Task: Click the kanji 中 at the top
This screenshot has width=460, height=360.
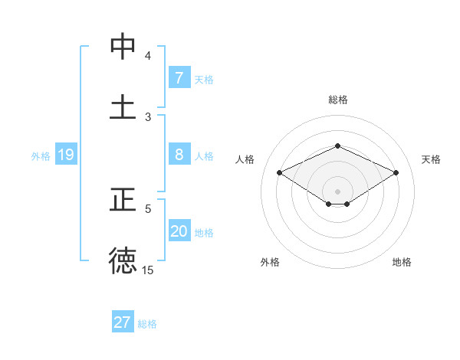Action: pyautogui.click(x=123, y=47)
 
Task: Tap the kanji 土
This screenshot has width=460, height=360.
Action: pyautogui.click(x=123, y=106)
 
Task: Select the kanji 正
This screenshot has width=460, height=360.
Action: pyautogui.click(x=123, y=200)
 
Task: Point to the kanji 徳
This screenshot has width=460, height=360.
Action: pyautogui.click(x=123, y=260)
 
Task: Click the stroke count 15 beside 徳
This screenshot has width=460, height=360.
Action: pyautogui.click(x=148, y=270)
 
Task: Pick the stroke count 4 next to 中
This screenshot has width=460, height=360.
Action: pyautogui.click(x=148, y=56)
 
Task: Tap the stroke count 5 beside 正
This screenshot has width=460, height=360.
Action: pyautogui.click(x=148, y=208)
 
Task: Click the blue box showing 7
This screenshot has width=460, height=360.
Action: pyautogui.click(x=179, y=78)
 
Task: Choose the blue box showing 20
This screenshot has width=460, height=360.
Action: pyautogui.click(x=179, y=231)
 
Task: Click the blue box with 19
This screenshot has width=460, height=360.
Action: pyautogui.click(x=65, y=155)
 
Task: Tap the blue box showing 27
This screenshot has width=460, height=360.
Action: pyautogui.click(x=122, y=322)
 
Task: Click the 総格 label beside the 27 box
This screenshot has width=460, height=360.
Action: pyautogui.click(x=147, y=324)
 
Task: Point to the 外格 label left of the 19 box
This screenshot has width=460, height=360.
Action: pyautogui.click(x=41, y=156)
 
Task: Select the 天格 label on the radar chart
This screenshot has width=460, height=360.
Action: pyautogui.click(x=431, y=159)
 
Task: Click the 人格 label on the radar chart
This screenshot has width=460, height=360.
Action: pyautogui.click(x=245, y=159)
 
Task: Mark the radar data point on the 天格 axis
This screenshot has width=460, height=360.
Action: pyautogui.click(x=396, y=173)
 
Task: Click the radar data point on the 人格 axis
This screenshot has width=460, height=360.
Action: pyautogui.click(x=279, y=173)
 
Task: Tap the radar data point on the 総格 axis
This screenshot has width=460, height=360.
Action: pyautogui.click(x=337, y=146)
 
